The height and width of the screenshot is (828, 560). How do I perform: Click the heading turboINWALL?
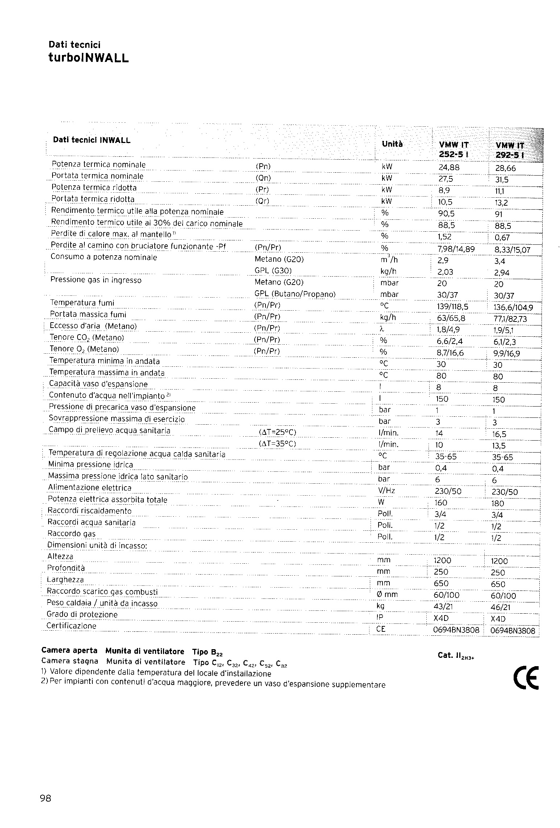88,58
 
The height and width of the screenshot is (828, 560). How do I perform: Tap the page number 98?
46,798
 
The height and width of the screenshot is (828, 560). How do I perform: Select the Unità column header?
392,144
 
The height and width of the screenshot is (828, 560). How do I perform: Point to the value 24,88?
449,168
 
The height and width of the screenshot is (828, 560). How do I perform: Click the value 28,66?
505,168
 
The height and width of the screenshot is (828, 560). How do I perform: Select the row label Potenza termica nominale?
99,165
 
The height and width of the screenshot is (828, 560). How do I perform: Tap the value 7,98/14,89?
456,249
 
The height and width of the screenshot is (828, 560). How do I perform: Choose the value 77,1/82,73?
510,319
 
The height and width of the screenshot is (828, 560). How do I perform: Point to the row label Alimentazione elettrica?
90,488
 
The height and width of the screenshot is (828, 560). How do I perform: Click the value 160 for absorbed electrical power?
440,503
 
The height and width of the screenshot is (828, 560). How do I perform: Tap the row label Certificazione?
72,626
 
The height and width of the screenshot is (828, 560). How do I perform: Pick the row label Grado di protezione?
82,614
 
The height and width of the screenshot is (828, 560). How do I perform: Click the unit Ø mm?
387,594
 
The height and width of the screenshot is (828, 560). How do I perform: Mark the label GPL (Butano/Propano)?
295,294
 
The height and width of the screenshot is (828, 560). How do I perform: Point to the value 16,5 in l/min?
499,434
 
